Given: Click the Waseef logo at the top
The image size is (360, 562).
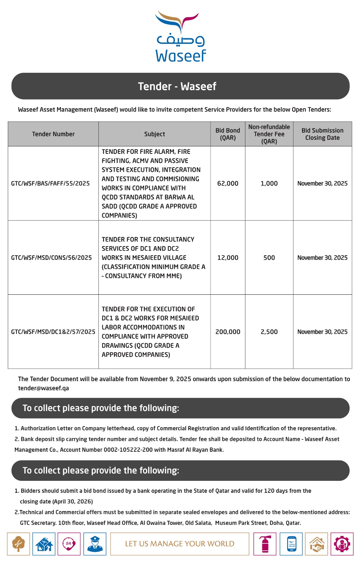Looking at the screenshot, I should pos(180,37).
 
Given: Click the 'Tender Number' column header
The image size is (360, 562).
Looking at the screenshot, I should pos(53,134).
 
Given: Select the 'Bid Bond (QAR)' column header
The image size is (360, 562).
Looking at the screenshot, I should pos(228,134).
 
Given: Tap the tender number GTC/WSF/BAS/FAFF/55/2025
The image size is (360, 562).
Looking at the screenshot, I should pos(50,183).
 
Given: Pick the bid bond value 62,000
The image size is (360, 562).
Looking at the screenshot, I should pos(228,183).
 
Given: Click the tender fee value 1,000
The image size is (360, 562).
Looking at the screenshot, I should pos(269,183).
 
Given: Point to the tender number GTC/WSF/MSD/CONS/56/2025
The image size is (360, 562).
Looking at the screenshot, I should pos(51,257).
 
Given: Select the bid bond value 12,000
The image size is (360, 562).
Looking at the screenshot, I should pos(228,257).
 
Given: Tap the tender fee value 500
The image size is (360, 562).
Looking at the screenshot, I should pos(269,257).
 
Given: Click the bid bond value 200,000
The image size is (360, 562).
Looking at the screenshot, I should pos(228,332).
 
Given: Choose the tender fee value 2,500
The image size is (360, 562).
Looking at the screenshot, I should pos(269,332).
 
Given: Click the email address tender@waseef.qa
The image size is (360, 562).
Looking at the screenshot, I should pos(43,388).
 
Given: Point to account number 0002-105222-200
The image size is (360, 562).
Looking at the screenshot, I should pos(128,450).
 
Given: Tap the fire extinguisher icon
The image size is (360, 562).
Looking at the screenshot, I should pos(265,544).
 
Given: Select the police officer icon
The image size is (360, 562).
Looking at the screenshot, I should pos(95,544).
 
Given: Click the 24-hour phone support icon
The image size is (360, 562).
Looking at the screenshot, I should pos(69,544).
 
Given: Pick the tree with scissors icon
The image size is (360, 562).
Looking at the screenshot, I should pos(18,544).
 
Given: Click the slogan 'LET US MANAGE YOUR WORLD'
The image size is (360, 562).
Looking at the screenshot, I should pos(180,544).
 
